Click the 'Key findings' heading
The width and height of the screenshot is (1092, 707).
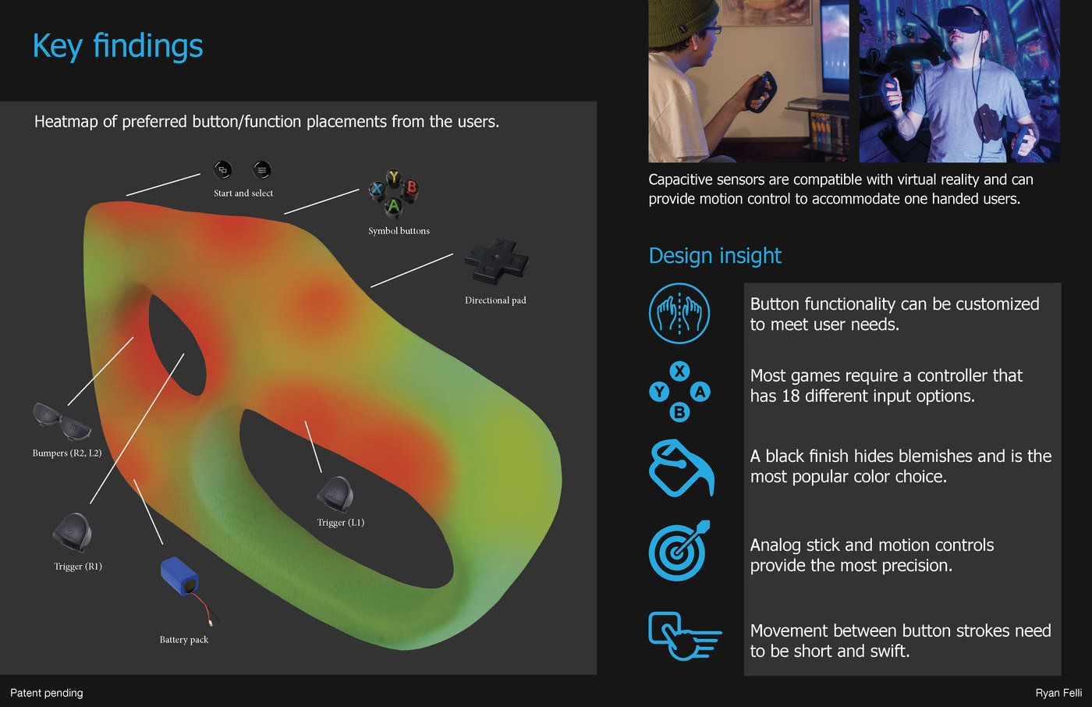tap(118, 46)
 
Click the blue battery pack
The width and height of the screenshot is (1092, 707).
tap(179, 576)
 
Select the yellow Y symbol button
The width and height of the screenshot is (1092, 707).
tap(394, 176)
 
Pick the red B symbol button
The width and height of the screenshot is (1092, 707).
tap(412, 187)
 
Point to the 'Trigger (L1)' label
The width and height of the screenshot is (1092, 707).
tap(341, 523)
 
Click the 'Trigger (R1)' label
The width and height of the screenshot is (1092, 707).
tap(78, 567)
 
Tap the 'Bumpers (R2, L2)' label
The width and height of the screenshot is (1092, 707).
tap(67, 453)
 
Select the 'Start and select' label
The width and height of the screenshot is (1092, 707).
tap(243, 193)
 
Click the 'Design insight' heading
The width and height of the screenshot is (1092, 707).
tap(714, 255)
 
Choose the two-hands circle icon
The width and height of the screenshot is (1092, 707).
tap(679, 313)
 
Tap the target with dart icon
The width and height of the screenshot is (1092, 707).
tap(679, 551)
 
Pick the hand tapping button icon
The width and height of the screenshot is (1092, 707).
tap(685, 636)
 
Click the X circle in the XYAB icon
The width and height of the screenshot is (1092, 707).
tap(679, 371)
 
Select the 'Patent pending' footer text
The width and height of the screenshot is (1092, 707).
tap(46, 693)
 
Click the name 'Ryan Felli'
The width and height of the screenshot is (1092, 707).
tap(1058, 693)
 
